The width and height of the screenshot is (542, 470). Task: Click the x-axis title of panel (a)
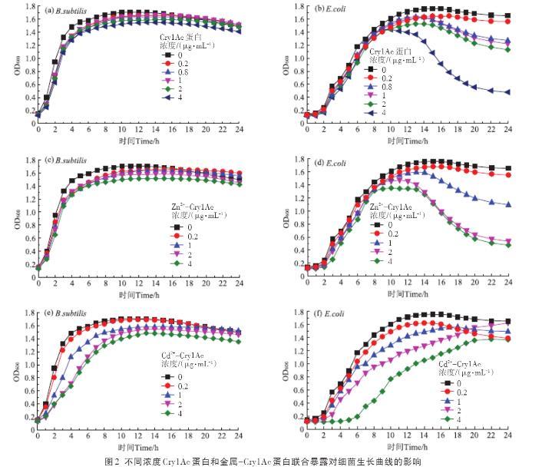pyautogui.click(x=139, y=141)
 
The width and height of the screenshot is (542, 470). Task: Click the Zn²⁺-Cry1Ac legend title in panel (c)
pyautogui.click(x=188, y=207)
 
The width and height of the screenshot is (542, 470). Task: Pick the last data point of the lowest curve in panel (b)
pyautogui.click(x=507, y=92)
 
